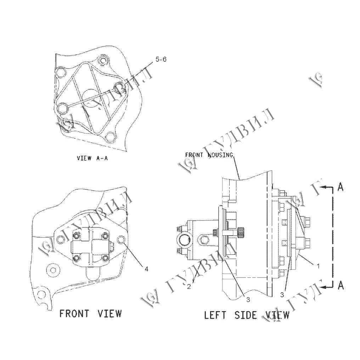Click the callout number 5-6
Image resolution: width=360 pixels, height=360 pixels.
click(x=161, y=60)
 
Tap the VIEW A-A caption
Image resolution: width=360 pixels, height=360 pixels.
click(x=92, y=158)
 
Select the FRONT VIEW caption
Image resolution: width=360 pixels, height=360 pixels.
click(x=90, y=313)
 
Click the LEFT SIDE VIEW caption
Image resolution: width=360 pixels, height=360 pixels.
click(x=247, y=315)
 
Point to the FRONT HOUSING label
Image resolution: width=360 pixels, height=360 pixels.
click(x=209, y=155)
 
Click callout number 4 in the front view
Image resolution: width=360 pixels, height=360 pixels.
click(x=146, y=269)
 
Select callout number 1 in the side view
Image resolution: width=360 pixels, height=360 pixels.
click(x=318, y=266)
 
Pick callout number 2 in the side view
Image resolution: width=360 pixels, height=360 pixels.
click(x=189, y=287)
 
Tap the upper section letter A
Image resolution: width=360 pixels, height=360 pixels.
click(x=341, y=187)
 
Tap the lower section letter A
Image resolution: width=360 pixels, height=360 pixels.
click(x=341, y=286)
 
